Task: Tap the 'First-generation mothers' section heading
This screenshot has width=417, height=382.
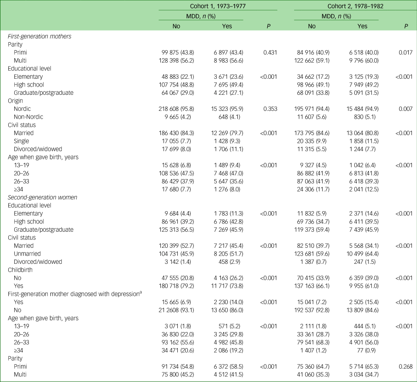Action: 39,36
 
